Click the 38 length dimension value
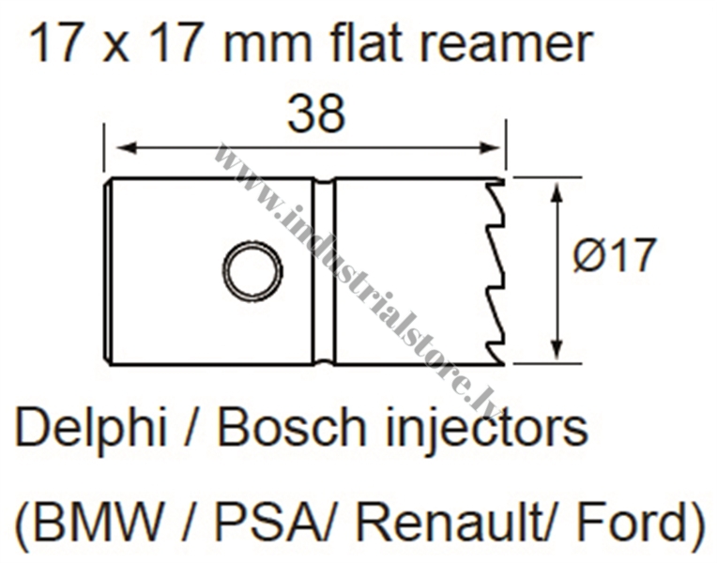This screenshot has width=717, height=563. pyautogui.click(x=316, y=114)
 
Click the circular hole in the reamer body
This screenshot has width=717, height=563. pyautogui.click(x=252, y=270)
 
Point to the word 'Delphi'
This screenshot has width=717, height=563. pyautogui.click(x=91, y=428)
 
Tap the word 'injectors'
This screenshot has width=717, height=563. pyautogui.click(x=487, y=431)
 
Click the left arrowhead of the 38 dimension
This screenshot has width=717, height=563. pyautogui.click(x=127, y=147)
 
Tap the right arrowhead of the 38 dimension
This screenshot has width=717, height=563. pyautogui.click(x=489, y=147)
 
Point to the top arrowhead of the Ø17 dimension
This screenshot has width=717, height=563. pyautogui.click(x=557, y=192)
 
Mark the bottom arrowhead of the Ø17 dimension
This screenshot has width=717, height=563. pyautogui.click(x=557, y=349)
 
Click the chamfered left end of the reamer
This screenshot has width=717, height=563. pyautogui.click(x=108, y=271)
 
